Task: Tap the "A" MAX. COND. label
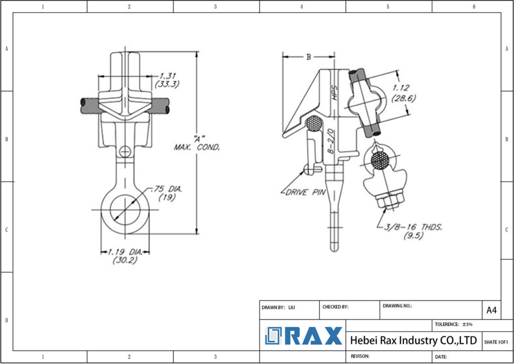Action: click(196, 143)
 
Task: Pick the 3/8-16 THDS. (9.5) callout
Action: click(413, 231)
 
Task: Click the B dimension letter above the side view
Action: click(309, 57)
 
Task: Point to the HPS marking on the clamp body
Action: click(335, 93)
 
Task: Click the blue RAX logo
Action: click(304, 336)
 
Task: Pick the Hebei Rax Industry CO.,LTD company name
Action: click(413, 340)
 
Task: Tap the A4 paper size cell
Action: click(491, 310)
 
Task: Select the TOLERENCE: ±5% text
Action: click(454, 324)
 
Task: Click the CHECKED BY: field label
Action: click(335, 307)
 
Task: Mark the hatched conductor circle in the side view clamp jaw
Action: click(314, 124)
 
